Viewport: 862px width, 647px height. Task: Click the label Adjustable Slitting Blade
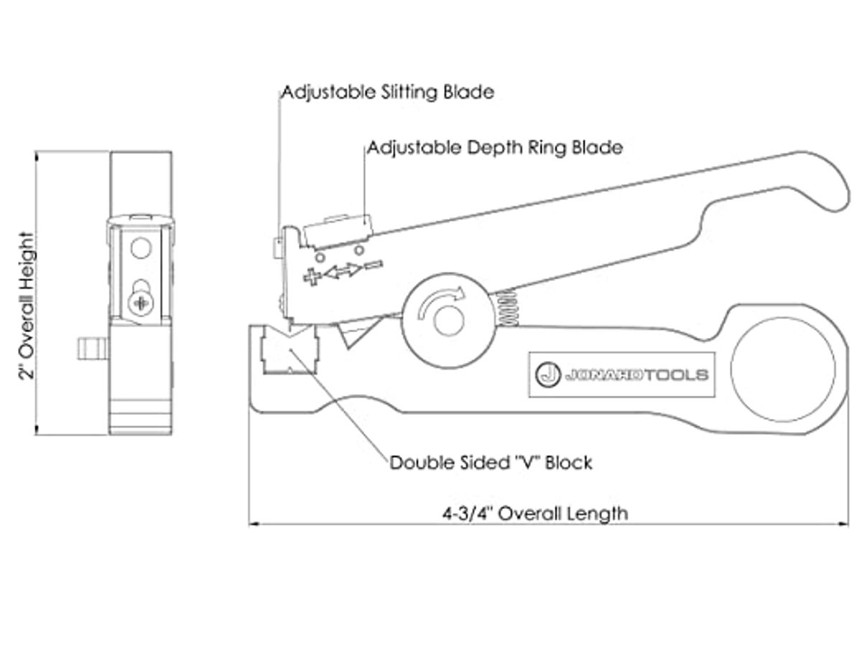[x=388, y=93]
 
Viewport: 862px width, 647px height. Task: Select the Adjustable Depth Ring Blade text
[x=495, y=148]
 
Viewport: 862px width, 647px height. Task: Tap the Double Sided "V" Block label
[x=491, y=463]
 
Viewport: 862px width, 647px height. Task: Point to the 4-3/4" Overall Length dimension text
[x=535, y=513]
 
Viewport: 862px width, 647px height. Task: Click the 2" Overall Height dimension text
[x=27, y=306]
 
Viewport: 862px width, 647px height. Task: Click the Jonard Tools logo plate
[x=621, y=375]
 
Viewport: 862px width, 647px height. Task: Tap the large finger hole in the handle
[x=783, y=369]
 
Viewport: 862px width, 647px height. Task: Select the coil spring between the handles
[x=508, y=308]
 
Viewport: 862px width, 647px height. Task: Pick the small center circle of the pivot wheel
[x=448, y=319]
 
